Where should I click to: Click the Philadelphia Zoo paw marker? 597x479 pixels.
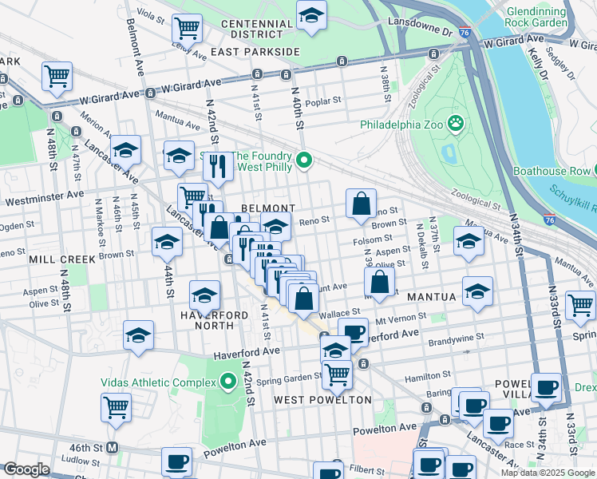point(456,124)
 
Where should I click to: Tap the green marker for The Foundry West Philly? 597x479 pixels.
point(303,161)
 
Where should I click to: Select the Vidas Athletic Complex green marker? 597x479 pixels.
point(229,382)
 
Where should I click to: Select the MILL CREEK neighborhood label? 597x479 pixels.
point(62,259)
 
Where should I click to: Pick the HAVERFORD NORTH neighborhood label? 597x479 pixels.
point(215,317)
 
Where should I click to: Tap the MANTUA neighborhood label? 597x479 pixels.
point(432,296)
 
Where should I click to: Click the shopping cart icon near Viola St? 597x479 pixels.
point(187,28)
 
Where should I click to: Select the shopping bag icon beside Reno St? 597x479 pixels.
point(362,204)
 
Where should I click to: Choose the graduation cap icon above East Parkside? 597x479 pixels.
point(311,14)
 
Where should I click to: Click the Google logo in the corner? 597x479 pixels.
point(26,469)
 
